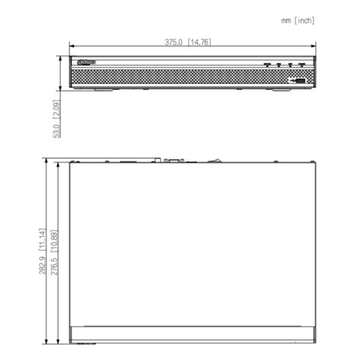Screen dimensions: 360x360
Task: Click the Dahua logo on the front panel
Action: (85, 62)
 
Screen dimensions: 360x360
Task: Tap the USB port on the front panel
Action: (298, 79)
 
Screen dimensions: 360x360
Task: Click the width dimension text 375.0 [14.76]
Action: (188, 42)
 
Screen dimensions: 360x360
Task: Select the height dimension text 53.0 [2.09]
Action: (56, 118)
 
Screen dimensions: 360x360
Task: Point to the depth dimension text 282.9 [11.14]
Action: (42, 251)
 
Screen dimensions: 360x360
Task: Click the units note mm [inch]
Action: (298, 20)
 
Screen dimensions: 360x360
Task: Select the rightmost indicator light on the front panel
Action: (302, 64)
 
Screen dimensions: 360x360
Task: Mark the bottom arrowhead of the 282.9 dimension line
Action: (46, 340)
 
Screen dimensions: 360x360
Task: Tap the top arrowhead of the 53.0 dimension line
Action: (61, 59)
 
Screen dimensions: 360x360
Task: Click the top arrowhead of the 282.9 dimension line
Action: (46, 161)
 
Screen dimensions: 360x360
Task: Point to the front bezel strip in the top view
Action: (192, 334)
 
